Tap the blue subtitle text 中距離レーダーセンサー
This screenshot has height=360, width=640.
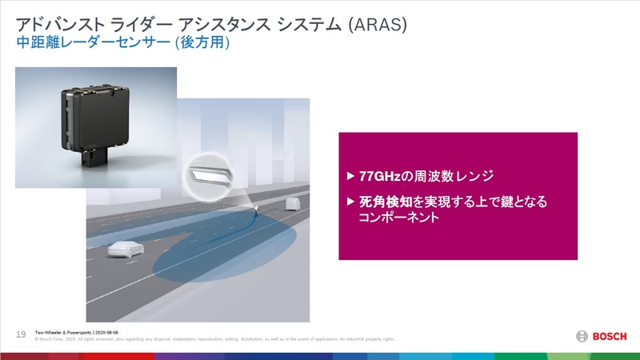pyautogui.click(x=89, y=46)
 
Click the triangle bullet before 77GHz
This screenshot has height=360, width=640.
pyautogui.click(x=350, y=176)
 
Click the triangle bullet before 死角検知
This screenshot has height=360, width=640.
pyautogui.click(x=350, y=202)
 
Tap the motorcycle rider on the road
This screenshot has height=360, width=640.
pyautogui.click(x=255, y=211)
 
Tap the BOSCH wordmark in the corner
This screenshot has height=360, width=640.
pyautogui.click(x=610, y=335)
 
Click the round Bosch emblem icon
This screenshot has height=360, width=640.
pyautogui.click(x=582, y=335)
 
